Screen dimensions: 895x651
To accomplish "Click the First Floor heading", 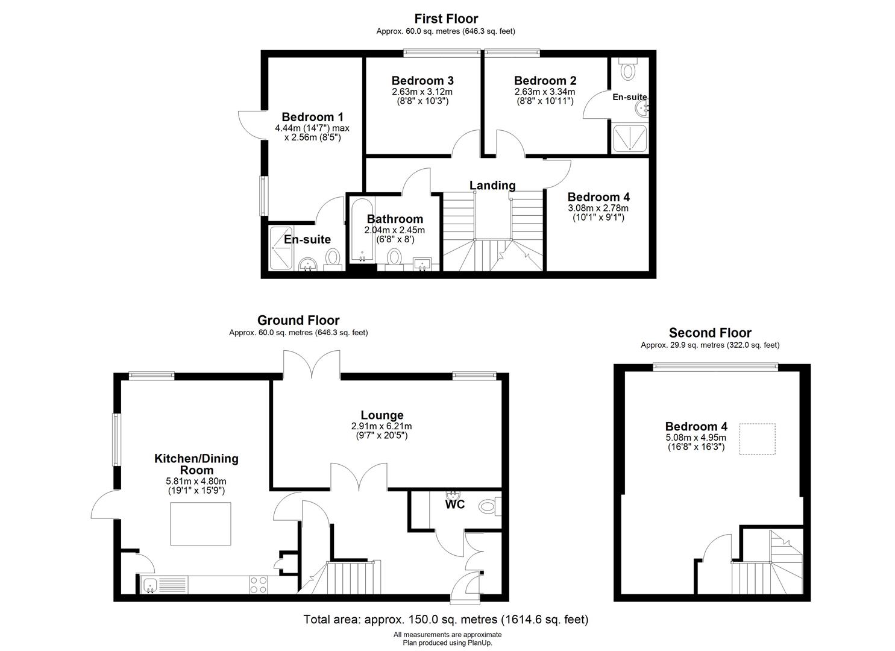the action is click(446, 19).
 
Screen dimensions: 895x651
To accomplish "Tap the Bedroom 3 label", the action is click(422, 81).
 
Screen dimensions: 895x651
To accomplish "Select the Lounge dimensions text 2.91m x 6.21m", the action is click(382, 426).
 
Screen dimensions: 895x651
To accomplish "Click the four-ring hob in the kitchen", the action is click(259, 585).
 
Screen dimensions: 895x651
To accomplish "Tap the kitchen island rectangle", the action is click(201, 524).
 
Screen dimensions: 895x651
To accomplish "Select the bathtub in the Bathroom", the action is click(362, 231).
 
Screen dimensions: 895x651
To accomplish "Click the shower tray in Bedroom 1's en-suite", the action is click(281, 248).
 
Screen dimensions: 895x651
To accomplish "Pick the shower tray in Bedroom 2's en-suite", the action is click(630, 138).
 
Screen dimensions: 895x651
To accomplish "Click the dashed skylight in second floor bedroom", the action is click(757, 439).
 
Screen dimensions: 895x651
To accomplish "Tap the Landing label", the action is click(492, 186).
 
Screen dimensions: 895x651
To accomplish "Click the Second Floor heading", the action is click(710, 333).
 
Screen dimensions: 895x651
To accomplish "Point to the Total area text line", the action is click(446, 620).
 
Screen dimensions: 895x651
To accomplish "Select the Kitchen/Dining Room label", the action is click(196, 464).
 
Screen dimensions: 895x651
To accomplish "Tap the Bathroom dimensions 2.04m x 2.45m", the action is click(394, 230).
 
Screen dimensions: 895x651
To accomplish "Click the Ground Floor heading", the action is click(298, 321).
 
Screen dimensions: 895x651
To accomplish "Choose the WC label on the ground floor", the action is click(455, 505).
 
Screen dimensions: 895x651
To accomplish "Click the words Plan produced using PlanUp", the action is click(447, 643).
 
